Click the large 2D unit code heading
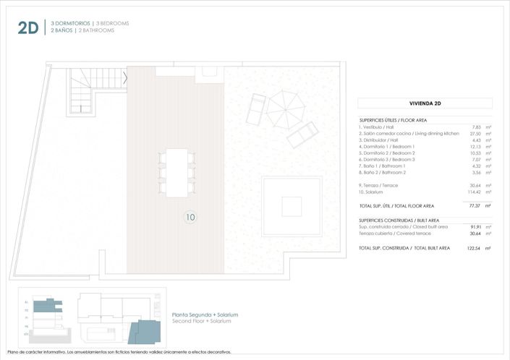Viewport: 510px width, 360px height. coord(27,28)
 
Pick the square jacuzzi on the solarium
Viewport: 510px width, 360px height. coord(292,205)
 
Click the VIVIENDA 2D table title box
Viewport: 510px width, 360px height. coord(425,103)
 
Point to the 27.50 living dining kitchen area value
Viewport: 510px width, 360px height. coord(475,134)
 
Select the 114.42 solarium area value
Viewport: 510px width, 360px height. coord(473,192)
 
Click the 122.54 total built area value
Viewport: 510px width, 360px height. coord(473,248)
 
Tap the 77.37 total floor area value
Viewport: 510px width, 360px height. coord(475,205)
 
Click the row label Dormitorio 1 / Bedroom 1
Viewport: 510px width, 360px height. coord(388,147)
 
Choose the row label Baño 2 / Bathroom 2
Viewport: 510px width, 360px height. coord(386,173)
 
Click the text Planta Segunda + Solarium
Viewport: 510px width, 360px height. coord(205,314)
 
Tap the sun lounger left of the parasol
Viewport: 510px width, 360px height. coord(257,108)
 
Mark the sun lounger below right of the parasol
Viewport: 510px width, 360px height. coord(302,134)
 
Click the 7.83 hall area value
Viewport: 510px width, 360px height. coord(476,127)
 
